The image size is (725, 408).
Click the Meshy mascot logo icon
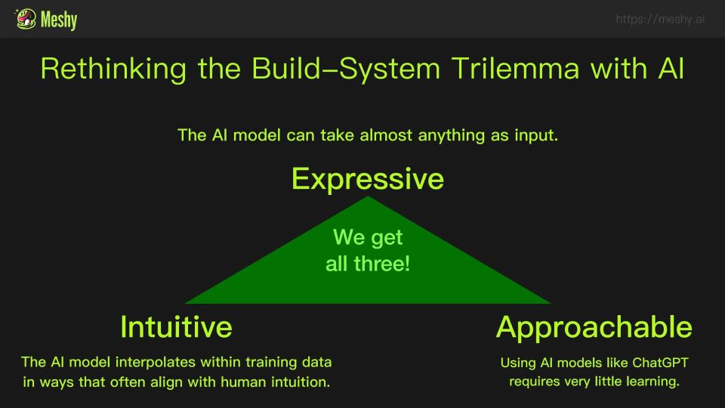[26, 19]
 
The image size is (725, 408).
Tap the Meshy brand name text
[59, 20]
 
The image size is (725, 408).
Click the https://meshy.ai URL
[660, 19]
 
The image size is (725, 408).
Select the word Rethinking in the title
[113, 70]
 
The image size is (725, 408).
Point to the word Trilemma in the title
[515, 69]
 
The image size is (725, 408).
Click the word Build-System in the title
[346, 70]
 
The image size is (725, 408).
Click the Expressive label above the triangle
[368, 179]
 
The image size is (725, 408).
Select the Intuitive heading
[176, 327]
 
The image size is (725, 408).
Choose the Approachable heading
[594, 327]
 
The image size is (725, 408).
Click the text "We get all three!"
[368, 251]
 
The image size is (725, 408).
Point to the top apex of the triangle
[368, 196]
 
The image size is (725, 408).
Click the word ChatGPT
[660, 363]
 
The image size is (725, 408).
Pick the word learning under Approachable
[652, 382]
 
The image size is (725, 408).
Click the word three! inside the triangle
[382, 264]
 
